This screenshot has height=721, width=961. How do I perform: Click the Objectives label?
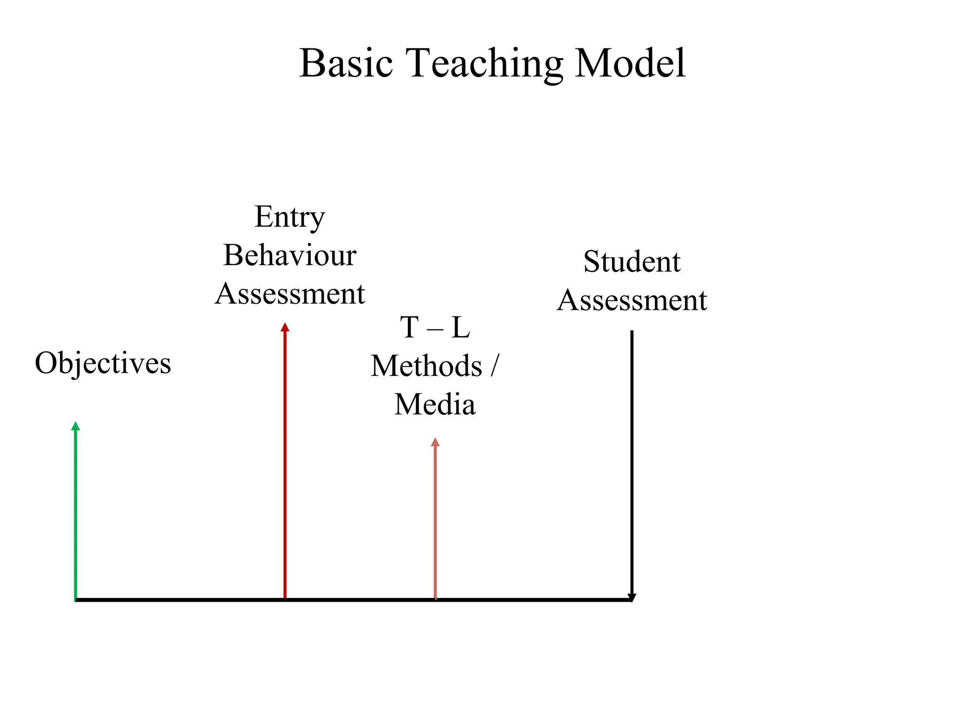pos(103,364)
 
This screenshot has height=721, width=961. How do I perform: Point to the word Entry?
pos(290,218)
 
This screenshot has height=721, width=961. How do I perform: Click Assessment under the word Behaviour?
pos(290,294)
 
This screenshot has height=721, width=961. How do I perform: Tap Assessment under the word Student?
pos(632,300)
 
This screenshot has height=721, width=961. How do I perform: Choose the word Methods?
pos(426,366)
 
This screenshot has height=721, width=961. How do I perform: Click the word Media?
pos(435,405)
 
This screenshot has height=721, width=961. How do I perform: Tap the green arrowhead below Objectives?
pos(76,426)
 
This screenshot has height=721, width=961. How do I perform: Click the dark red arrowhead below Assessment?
pos(285,327)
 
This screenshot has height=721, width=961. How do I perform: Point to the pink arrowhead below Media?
pos(435,442)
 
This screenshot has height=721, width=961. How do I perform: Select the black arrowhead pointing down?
pos(632,597)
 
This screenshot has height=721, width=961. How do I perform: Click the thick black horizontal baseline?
pos(352,599)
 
